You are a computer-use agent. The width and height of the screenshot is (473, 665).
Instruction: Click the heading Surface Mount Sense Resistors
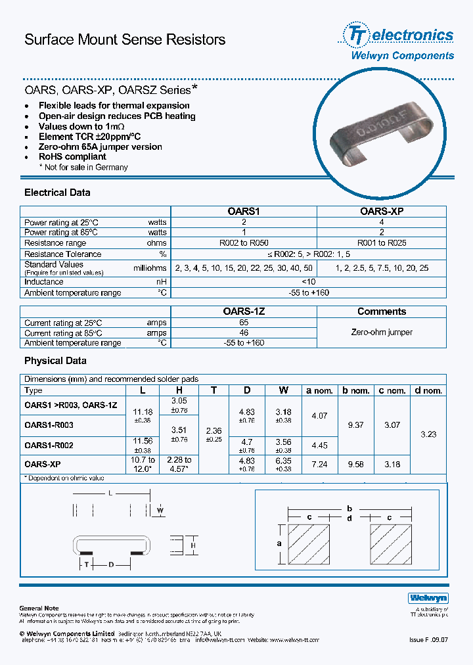(x=125, y=39)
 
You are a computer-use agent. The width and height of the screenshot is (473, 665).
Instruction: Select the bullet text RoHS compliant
(x=72, y=157)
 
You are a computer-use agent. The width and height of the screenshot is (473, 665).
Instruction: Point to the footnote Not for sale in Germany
(x=85, y=168)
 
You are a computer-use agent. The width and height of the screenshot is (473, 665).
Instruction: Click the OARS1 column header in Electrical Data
(x=244, y=212)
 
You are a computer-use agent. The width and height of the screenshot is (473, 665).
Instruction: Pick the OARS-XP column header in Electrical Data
(x=381, y=212)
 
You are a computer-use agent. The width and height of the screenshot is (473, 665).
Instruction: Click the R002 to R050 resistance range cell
(x=244, y=242)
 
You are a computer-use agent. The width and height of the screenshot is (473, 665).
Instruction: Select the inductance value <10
(x=309, y=281)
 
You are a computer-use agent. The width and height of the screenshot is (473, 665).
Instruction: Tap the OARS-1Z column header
(x=244, y=311)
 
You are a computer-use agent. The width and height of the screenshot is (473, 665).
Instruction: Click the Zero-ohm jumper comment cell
(x=381, y=332)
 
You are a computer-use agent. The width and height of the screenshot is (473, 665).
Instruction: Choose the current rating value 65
(x=244, y=323)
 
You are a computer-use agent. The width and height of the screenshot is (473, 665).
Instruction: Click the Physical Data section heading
(x=55, y=361)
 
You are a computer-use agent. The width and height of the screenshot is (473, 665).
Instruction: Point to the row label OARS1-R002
(x=49, y=445)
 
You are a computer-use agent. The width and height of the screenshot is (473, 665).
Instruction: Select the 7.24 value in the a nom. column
(x=320, y=464)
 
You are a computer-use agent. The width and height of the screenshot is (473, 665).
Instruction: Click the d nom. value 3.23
(x=427, y=434)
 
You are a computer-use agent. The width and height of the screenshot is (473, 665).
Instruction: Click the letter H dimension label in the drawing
(x=193, y=545)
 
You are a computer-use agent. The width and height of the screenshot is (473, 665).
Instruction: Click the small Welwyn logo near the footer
(x=428, y=598)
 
